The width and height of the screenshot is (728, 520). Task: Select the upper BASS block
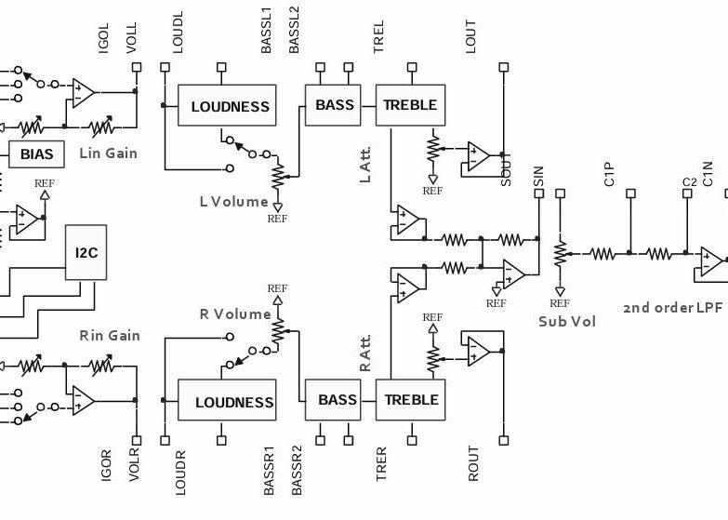click(335, 105)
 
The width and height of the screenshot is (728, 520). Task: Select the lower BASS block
click(338, 400)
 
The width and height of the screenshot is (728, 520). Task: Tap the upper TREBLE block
click(410, 105)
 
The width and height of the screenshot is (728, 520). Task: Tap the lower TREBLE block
click(411, 400)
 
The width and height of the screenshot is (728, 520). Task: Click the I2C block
click(83, 252)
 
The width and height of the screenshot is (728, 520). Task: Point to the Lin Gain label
click(108, 153)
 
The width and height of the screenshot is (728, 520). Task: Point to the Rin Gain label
click(109, 335)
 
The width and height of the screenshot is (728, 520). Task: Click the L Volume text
click(233, 201)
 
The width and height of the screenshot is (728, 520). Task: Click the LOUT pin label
click(471, 37)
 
